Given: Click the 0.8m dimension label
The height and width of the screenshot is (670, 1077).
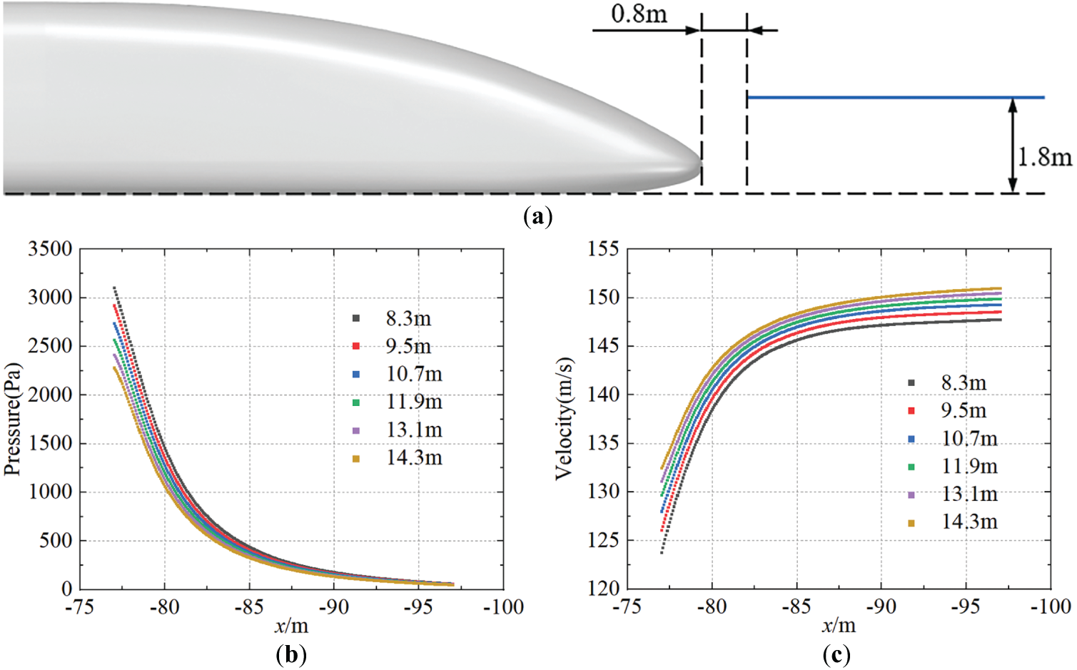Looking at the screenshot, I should tap(639, 14).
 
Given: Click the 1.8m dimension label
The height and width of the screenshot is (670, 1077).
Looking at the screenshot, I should tap(1044, 156).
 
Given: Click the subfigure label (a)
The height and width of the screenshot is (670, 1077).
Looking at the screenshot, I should tap(537, 216).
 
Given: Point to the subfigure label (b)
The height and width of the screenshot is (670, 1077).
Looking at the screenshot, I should tap(290, 654).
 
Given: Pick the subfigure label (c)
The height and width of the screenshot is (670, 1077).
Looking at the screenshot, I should tap(836, 654).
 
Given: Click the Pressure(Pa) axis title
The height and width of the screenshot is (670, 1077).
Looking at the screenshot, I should tap(13, 419).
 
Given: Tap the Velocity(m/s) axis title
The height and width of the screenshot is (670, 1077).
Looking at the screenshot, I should tap(564, 419).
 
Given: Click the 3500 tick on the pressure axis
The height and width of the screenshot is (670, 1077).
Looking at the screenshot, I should tap(50, 249).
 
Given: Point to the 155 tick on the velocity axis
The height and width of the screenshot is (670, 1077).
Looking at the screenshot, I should tap(603, 249).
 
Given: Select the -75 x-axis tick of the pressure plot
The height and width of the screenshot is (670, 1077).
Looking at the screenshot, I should tap(79, 606).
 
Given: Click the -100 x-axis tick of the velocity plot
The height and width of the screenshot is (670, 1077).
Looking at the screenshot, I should tap(1051, 606).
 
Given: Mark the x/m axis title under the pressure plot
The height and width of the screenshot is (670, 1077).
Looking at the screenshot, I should tap(291, 626).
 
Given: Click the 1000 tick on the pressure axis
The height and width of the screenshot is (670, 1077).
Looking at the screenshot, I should tap(50, 492).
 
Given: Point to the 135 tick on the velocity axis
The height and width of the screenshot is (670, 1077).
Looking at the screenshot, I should tap(603, 443).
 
